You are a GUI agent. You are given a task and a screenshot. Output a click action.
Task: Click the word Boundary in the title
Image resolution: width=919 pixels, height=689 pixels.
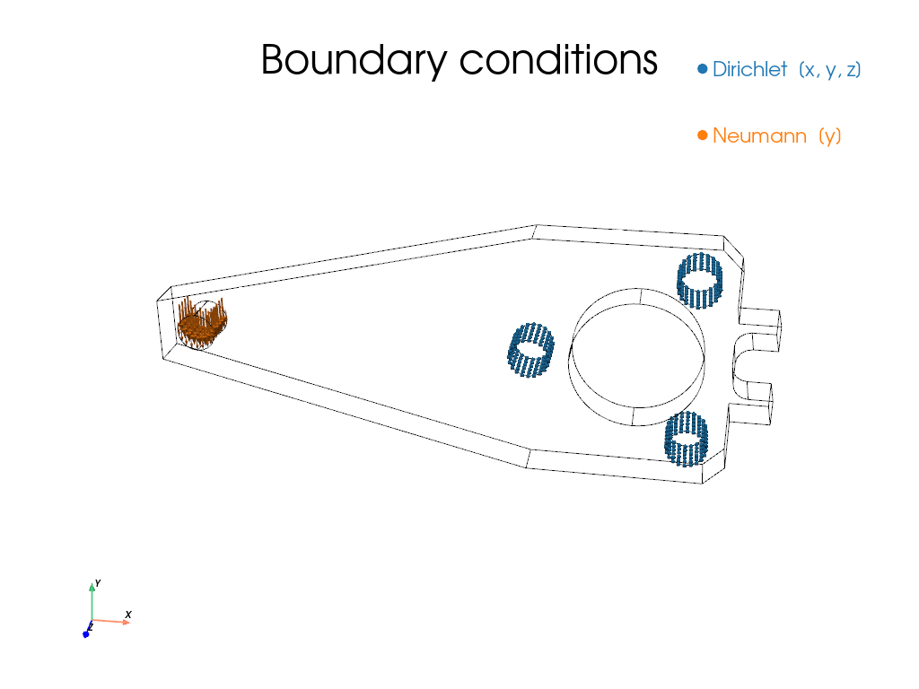click(354, 60)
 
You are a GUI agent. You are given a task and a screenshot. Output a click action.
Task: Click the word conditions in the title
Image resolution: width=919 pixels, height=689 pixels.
click(558, 60)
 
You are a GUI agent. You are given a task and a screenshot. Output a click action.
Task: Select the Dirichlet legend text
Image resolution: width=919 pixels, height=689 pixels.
click(749, 69)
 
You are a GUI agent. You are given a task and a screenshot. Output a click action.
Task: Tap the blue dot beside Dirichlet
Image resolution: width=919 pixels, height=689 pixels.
click(703, 69)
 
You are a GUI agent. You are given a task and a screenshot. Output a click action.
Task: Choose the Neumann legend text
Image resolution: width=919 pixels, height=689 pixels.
click(759, 136)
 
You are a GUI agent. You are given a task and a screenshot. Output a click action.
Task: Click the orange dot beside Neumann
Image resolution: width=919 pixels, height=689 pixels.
click(703, 136)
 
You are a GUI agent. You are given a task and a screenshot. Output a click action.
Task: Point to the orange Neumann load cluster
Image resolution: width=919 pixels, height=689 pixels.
click(202, 323)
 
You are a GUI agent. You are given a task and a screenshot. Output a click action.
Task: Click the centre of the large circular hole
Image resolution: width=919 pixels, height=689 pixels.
click(637, 357)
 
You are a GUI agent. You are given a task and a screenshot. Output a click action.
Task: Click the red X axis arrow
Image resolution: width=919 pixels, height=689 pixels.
click(110, 621)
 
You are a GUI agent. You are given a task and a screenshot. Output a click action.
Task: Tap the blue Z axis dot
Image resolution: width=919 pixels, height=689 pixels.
click(86, 634)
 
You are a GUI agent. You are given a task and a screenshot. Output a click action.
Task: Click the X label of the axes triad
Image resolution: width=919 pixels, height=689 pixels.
click(128, 614)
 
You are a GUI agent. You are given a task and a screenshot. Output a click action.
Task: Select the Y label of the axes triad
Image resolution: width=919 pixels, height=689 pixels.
click(98, 583)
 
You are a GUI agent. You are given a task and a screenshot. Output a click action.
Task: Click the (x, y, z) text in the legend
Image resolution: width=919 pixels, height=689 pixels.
click(830, 70)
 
